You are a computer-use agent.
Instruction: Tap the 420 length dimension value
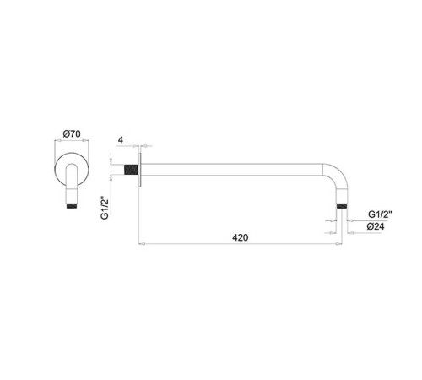click(241, 238)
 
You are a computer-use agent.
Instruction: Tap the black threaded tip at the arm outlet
click(341, 204)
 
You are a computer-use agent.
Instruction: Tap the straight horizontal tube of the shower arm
click(236, 168)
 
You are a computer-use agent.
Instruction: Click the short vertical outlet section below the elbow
click(341, 195)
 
